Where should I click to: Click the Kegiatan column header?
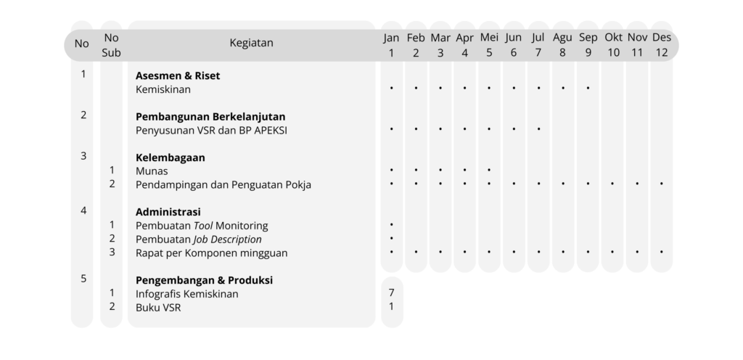pos(251,43)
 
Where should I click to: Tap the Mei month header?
pos(489,37)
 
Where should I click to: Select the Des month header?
pos(662,37)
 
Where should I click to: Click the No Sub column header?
pos(111,45)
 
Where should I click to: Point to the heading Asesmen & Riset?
pos(178,75)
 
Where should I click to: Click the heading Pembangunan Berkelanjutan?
pos(210,117)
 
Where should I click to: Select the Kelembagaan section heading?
pos(170,157)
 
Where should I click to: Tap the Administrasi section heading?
pos(168,212)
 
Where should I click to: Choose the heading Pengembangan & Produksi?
pos(204,280)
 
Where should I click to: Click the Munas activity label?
pos(152,171)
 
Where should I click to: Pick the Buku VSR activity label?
pos(158,308)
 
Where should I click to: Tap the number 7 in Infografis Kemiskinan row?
pos(391,292)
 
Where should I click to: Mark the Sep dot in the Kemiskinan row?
pos(588,88)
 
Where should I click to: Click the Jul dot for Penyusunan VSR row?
pos(538,128)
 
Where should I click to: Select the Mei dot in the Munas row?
pos(489,170)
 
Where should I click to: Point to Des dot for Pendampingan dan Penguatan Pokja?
pos(662,183)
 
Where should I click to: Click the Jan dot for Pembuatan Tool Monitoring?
pos(391,224)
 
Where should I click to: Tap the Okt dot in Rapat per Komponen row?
pos(612,252)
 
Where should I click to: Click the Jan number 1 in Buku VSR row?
pos(391,306)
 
